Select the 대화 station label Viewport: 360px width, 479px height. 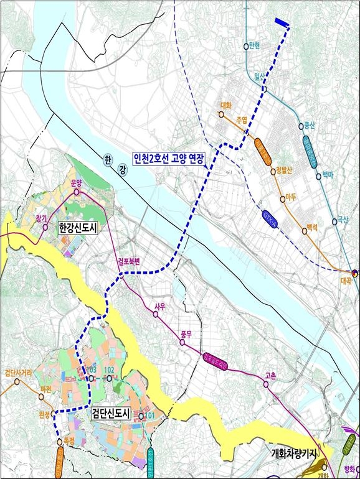[x=226, y=106]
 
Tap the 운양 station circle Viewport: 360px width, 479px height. [x=77, y=192]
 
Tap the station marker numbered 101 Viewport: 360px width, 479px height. [x=141, y=417]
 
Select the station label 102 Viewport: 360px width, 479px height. [x=109, y=370]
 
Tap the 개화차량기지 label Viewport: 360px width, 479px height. [x=299, y=454]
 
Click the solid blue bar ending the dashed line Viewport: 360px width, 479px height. [x=281, y=22]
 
